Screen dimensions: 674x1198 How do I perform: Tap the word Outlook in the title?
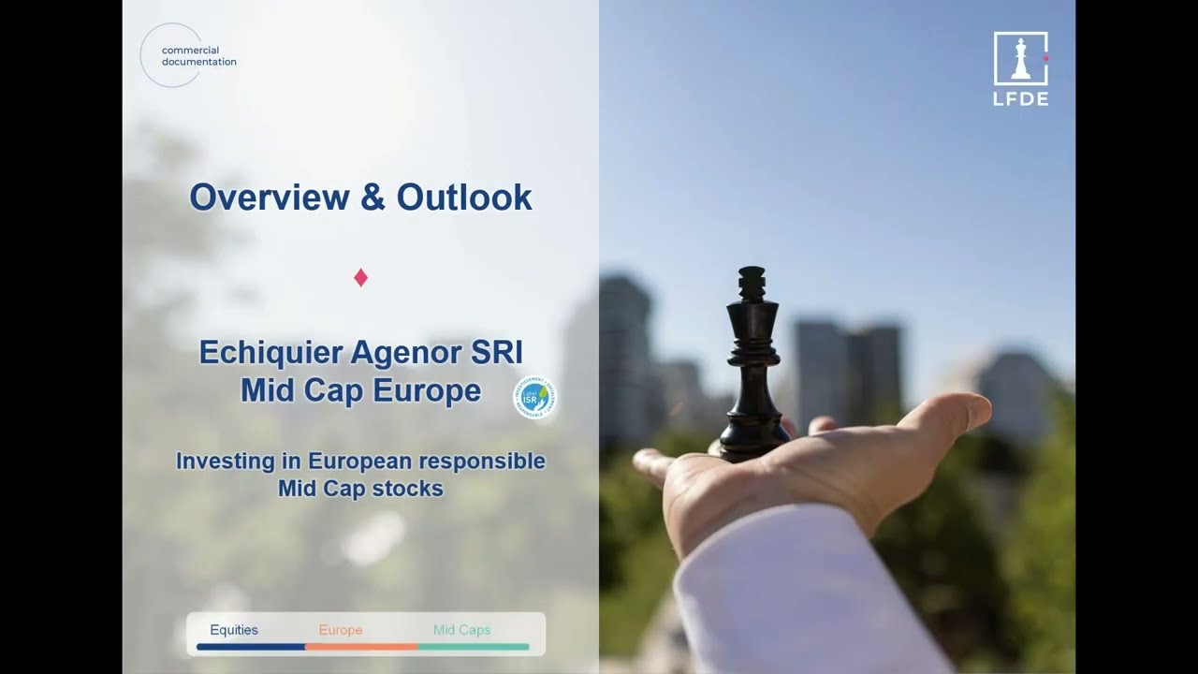pos(464,198)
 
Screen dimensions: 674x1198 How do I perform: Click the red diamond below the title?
pos(360,277)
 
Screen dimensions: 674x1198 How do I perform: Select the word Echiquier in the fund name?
pos(272,353)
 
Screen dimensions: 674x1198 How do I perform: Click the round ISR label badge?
pos(535,397)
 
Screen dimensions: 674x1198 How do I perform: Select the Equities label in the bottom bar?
pos(234,630)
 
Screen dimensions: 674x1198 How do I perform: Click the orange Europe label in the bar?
pos(341,630)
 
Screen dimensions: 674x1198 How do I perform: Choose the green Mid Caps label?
pos(461,630)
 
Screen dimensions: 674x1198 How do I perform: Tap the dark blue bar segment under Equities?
pos(251,647)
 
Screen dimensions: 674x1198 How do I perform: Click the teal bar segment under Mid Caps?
pos(473,647)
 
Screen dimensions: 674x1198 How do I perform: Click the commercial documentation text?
pos(198,56)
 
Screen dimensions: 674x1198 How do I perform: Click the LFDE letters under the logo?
pos(1020,99)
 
